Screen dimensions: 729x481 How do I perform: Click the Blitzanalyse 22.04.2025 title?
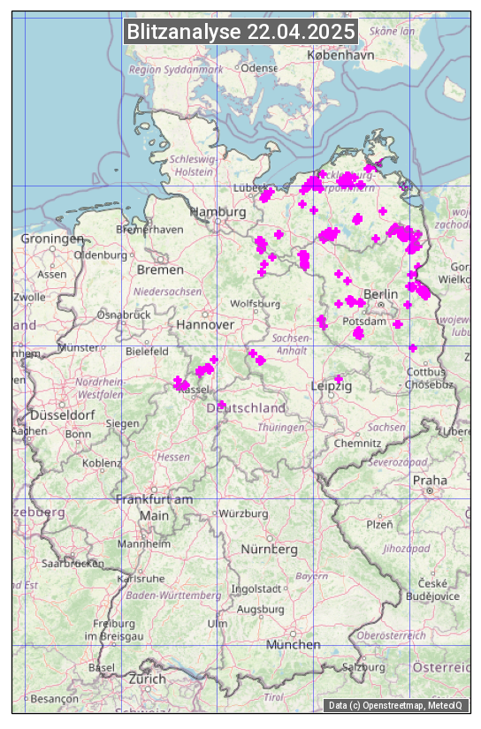pos(240,32)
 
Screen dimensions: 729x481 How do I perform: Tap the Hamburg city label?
pos(218,213)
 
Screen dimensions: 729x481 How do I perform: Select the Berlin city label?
pos(381,294)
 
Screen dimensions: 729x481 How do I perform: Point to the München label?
pos(293,645)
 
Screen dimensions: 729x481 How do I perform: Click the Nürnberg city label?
pos(270,550)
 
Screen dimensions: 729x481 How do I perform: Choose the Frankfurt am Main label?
pos(154,507)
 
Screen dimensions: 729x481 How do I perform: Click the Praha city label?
pos(430,480)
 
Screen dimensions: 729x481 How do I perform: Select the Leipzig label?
pos(332,387)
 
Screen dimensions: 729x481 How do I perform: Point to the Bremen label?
pos(160,270)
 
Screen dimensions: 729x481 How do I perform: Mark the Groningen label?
pos(52,239)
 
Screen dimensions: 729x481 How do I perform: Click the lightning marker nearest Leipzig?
pos(338,378)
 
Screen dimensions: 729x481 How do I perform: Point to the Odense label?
pos(259,68)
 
